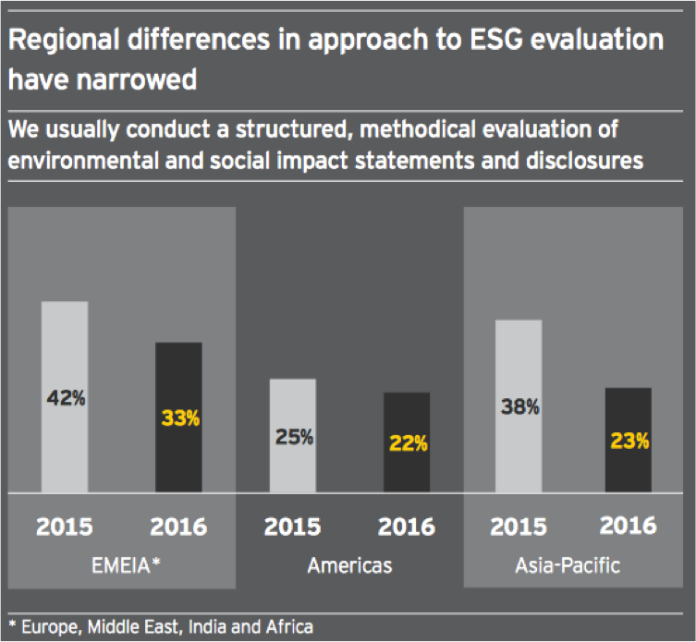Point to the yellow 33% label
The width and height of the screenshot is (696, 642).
[179, 418]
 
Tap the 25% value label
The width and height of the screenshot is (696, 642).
[294, 437]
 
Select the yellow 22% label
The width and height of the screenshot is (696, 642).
[408, 443]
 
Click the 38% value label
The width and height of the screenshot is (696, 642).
[520, 406]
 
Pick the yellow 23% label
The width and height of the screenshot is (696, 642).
[629, 442]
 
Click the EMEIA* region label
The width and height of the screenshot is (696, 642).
[121, 564]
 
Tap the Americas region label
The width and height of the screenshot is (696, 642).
[348, 564]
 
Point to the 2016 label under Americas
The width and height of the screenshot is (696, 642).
[407, 527]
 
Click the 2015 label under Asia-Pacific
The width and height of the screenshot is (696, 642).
[519, 527]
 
